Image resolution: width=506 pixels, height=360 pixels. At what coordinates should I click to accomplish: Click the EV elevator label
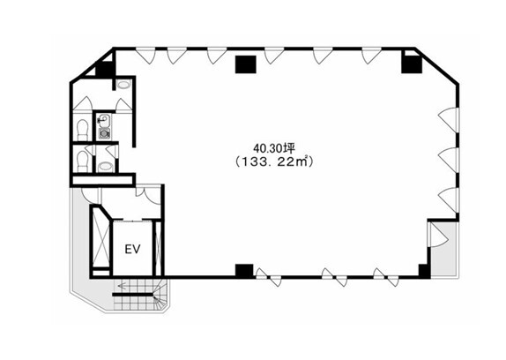point(132,249)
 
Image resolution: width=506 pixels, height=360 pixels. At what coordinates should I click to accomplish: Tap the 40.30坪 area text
point(274,148)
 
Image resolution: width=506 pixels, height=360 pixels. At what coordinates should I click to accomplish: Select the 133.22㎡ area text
point(274,161)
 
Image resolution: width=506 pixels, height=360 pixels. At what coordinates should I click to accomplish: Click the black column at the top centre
point(246,64)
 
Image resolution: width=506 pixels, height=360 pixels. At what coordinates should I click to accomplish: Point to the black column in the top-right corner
point(412,64)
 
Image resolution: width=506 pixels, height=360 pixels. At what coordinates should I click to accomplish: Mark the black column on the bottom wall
point(244,271)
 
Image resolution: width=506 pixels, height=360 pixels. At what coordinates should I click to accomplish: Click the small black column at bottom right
point(424,271)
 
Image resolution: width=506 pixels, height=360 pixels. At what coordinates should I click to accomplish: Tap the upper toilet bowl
point(83,130)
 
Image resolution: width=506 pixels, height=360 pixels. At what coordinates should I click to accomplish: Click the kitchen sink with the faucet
point(104,121)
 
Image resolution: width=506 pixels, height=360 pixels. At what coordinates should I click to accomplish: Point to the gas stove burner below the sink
point(104,133)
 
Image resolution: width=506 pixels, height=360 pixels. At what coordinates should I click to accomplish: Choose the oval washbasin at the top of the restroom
point(123,85)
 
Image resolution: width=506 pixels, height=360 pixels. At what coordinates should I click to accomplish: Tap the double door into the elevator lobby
point(148,195)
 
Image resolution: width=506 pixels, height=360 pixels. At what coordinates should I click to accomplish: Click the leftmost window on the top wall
point(145,56)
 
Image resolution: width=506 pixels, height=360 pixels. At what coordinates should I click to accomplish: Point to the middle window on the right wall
point(449,160)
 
